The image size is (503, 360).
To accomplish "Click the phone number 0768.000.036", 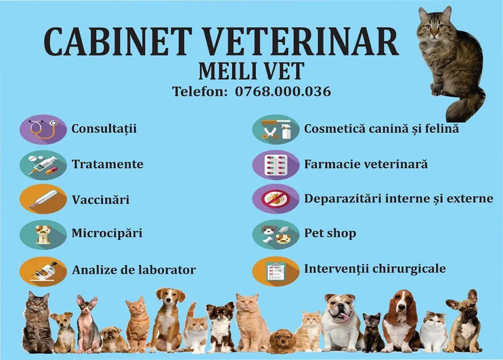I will (x=283, y=91).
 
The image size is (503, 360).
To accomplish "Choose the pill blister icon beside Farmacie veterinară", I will (x=275, y=165).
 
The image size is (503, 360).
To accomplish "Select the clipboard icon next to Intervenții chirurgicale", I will (x=275, y=270).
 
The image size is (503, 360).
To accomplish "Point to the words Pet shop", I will (x=330, y=233).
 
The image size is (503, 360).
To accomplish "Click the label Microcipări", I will (x=107, y=233).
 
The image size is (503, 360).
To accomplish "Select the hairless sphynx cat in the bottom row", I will (x=87, y=321).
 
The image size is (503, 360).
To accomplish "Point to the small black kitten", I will (x=372, y=330).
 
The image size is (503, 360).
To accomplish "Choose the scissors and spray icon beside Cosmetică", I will (x=275, y=129).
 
